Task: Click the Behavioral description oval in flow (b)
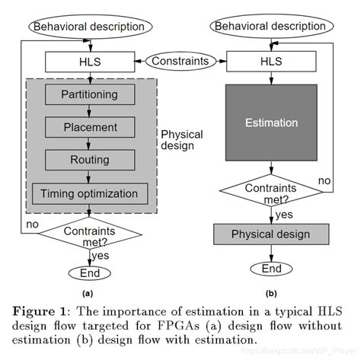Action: click(x=270, y=27)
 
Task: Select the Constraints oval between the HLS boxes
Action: click(x=180, y=59)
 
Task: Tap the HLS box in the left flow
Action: click(x=90, y=59)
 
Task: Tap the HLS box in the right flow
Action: click(x=270, y=59)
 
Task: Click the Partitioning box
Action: click(x=90, y=94)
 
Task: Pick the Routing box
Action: click(x=90, y=160)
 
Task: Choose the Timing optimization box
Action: click(x=90, y=193)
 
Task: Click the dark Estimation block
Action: click(x=270, y=122)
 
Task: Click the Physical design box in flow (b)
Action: click(x=270, y=233)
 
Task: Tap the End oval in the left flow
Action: click(x=90, y=272)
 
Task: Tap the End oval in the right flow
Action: click(x=270, y=269)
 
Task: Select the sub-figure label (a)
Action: click(x=89, y=293)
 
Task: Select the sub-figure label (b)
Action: click(x=270, y=293)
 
